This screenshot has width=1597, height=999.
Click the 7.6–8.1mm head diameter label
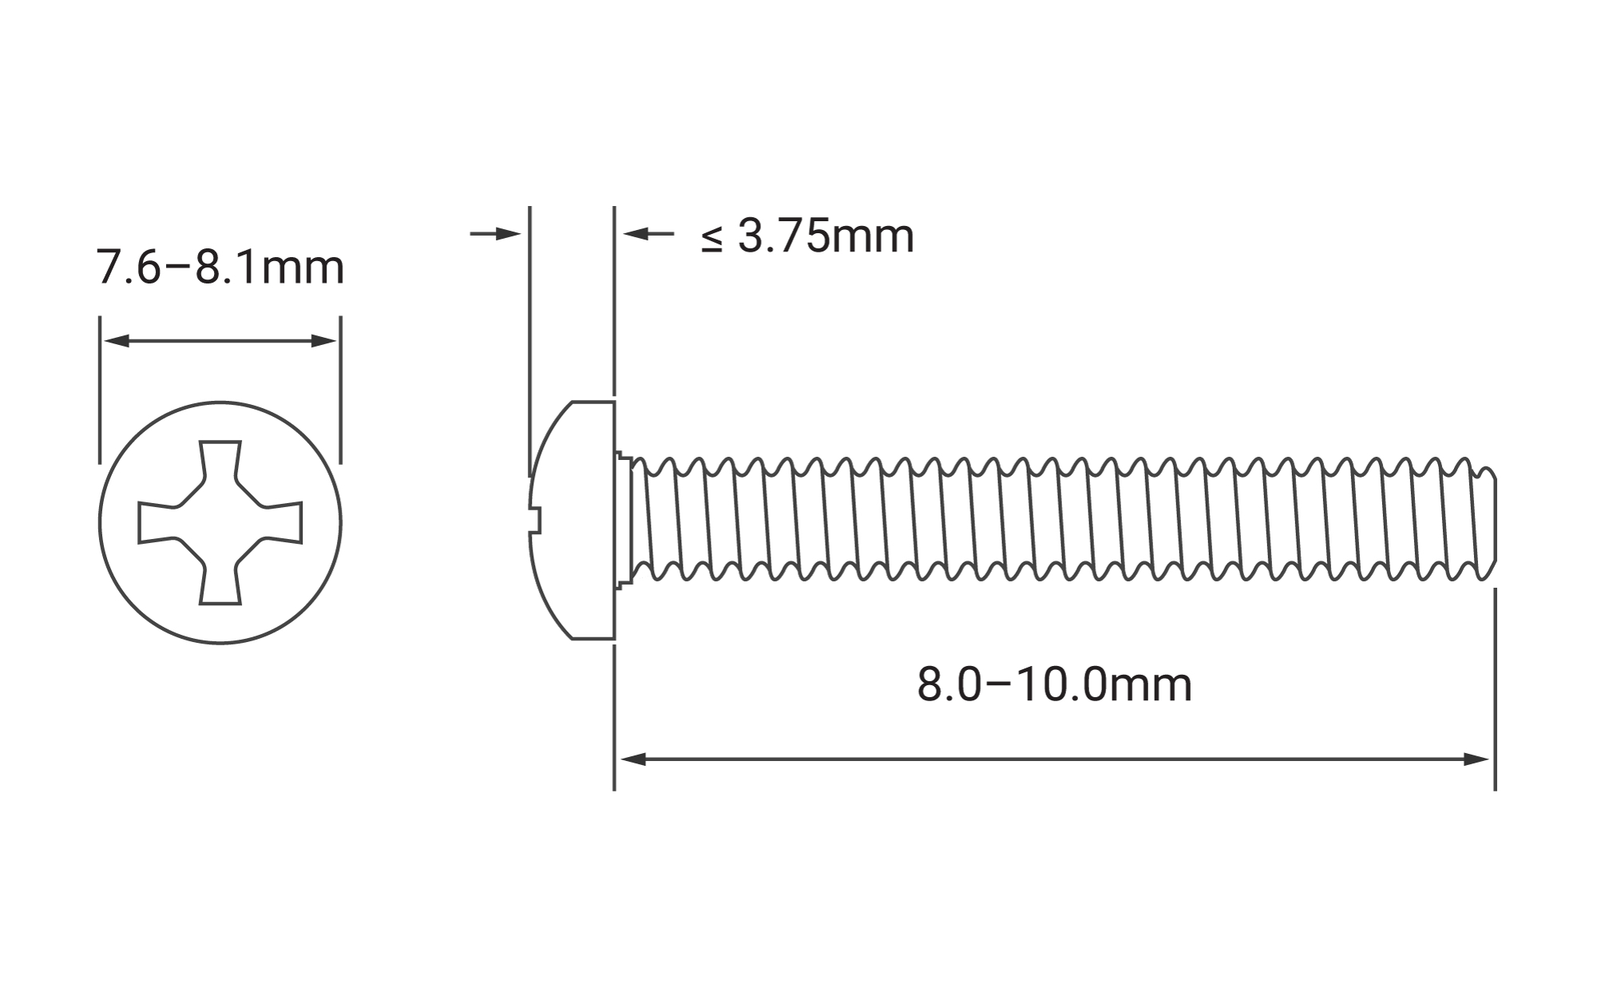pyautogui.click(x=220, y=268)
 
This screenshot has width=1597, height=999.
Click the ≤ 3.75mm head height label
pyautogui.click(x=807, y=236)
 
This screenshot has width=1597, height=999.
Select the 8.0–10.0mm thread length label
pyautogui.click(x=1054, y=685)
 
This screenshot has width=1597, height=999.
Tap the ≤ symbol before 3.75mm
pyautogui.click(x=711, y=239)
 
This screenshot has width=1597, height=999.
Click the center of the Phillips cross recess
pyautogui.click(x=220, y=523)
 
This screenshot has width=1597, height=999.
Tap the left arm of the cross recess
pyautogui.click(x=159, y=523)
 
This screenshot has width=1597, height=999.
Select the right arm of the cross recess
pyautogui.click(x=281, y=523)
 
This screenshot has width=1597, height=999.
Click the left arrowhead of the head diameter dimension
pyautogui.click(x=117, y=341)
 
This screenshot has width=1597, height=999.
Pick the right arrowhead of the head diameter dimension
pyautogui.click(x=324, y=341)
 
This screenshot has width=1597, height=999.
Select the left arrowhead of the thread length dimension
pyautogui.click(x=632, y=759)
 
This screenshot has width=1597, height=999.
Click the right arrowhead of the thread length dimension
pyautogui.click(x=1476, y=759)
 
